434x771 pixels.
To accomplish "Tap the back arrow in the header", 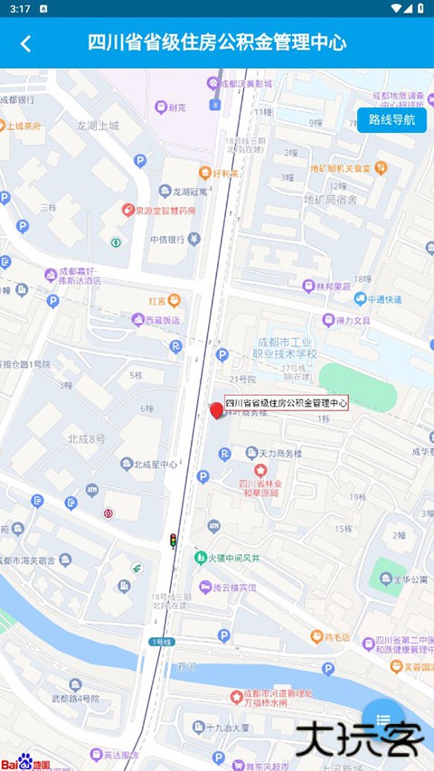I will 25,43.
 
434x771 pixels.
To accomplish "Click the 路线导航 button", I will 392,120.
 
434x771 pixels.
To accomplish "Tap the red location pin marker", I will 217,411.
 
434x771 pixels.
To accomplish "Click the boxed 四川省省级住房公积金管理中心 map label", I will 287,403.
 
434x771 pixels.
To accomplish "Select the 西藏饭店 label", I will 156,320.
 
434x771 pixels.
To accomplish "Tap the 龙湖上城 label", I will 98,127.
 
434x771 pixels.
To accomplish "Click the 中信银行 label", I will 167,240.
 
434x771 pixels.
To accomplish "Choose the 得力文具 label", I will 354,320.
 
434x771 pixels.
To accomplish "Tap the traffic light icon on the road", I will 173,540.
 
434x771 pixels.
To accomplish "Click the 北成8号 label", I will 86,439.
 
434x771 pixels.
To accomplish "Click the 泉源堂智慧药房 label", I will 165,211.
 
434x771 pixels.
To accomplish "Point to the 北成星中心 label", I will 155,465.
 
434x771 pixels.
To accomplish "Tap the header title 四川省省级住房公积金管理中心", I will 217,42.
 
